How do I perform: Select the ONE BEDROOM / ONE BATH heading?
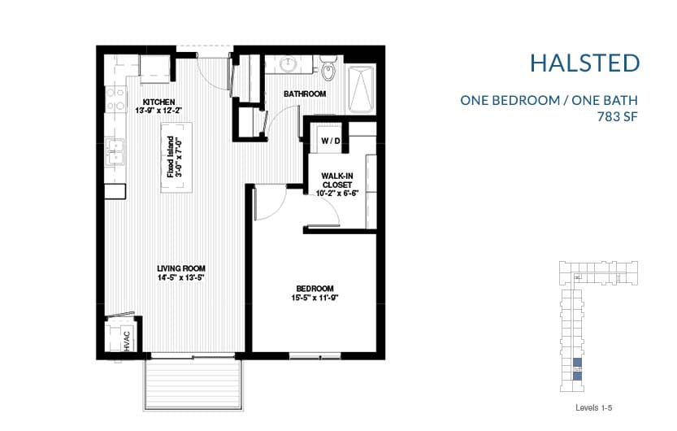tap(549, 101)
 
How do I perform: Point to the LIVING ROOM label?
tap(181, 268)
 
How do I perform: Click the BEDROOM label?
tap(315, 289)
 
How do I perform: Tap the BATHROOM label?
tap(305, 94)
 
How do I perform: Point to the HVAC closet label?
tap(127, 341)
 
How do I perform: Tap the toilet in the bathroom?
tap(328, 70)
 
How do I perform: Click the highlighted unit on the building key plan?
tap(578, 367)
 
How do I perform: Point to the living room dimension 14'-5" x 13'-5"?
tap(181, 279)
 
